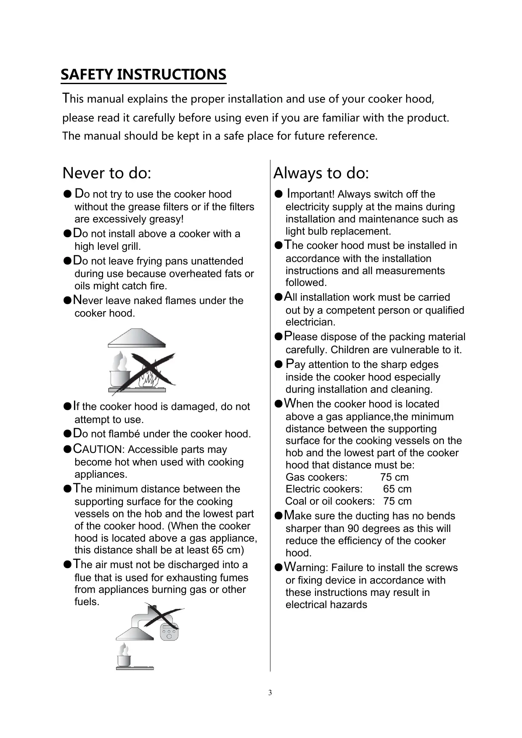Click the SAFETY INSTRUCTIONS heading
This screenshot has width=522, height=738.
pos(143,75)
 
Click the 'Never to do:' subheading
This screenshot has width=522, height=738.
pos(106,173)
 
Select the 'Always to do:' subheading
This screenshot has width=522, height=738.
pos(321,173)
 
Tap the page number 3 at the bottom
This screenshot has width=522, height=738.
pos(270,693)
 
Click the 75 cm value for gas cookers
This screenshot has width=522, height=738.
pos(394,477)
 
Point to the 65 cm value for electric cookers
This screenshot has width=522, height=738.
pos(397,489)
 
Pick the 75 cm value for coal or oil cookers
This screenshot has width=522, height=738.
pos(397,501)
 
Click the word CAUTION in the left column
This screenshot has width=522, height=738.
pos(97,449)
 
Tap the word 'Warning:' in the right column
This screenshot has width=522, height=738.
pos(306,567)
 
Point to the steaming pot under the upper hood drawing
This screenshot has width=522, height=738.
pos(119,373)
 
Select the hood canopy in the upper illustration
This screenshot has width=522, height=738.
pos(137,339)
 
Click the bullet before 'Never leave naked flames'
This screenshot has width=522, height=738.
pos(66,301)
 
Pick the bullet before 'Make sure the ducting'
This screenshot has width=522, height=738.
pos(278,516)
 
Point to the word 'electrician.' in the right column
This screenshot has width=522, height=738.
pos(310,323)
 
